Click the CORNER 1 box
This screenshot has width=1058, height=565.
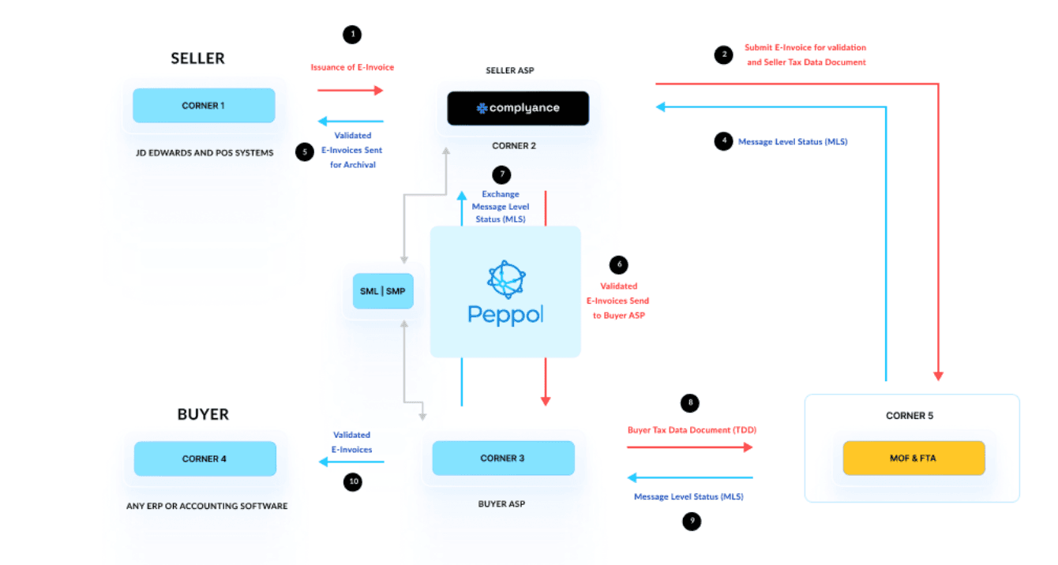(204, 106)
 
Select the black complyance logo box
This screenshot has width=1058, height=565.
(518, 108)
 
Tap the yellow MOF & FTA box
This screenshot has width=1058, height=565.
(914, 458)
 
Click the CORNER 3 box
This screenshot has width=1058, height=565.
(503, 458)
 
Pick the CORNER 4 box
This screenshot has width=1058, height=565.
(204, 458)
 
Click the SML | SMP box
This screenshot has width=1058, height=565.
(383, 291)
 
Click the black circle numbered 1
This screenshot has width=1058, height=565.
(351, 35)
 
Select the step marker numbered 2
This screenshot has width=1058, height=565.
(722, 54)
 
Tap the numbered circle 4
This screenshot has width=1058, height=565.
(722, 142)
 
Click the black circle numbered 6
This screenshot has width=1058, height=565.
(618, 265)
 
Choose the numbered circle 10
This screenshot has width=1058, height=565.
(353, 481)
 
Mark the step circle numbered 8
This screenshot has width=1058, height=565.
(691, 403)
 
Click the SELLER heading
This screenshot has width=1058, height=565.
(198, 58)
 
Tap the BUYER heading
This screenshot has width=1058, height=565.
(203, 414)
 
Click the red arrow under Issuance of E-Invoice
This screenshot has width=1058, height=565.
(350, 91)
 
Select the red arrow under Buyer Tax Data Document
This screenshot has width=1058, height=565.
(690, 447)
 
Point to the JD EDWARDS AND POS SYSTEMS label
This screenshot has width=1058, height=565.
(204, 152)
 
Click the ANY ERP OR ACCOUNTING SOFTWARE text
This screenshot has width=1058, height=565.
(207, 506)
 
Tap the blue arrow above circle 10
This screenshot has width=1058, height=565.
(351, 462)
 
